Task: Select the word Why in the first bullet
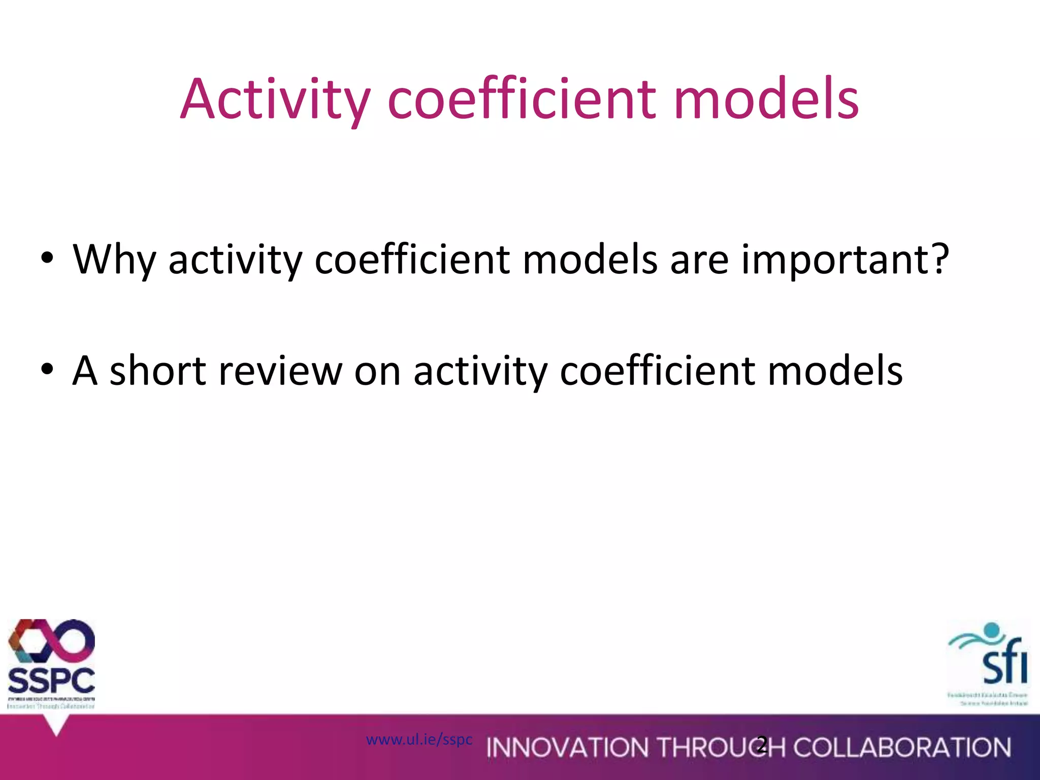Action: pos(114,259)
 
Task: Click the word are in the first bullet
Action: pos(700,259)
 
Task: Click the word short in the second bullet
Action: pos(157,371)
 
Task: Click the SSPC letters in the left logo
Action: pos(51,680)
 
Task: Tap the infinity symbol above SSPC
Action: pos(51,641)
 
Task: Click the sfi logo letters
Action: pos(1005,667)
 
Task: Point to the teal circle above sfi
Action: pos(991,631)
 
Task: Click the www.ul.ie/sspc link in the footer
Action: pos(419,739)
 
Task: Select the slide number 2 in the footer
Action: pos(761,745)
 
